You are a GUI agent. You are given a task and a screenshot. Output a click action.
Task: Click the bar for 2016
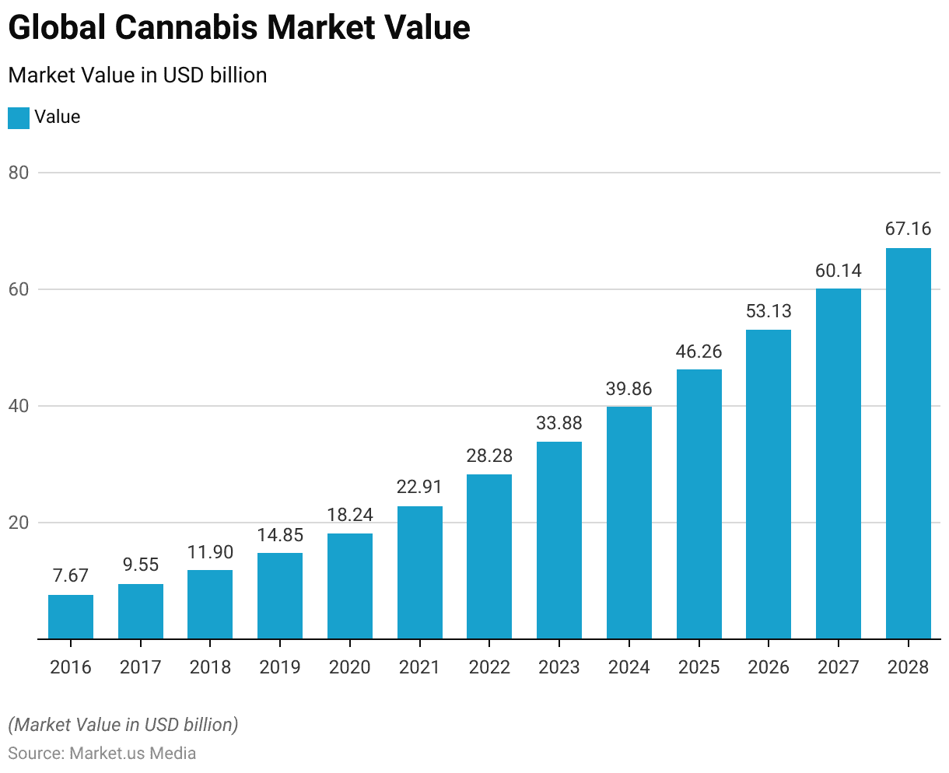(x=71, y=617)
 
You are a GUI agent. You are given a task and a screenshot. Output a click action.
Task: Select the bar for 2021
(x=420, y=572)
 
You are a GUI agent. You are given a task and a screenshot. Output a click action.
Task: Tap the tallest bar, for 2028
(x=909, y=443)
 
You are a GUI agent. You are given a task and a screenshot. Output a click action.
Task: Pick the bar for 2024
(x=629, y=523)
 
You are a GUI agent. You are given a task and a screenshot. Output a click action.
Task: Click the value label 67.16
(x=909, y=229)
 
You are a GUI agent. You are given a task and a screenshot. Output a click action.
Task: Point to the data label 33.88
(x=559, y=424)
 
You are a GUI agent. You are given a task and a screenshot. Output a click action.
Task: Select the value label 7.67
(x=71, y=576)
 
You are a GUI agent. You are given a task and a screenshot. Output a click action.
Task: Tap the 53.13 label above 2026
(x=769, y=312)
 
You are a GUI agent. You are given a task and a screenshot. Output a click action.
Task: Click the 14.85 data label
(x=280, y=535)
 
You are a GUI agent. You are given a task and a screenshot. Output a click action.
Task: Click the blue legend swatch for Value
(x=19, y=118)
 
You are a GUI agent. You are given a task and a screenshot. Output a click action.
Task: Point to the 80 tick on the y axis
(x=19, y=173)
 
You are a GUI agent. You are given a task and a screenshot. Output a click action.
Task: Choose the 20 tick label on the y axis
(x=19, y=523)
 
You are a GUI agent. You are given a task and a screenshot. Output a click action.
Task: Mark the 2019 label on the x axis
(x=280, y=667)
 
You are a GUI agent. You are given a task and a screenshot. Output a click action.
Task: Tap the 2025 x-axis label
(x=699, y=667)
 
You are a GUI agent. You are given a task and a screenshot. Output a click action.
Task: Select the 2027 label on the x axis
(x=839, y=667)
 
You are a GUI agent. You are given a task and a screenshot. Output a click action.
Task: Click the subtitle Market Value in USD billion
(x=138, y=75)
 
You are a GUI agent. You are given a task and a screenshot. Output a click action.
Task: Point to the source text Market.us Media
(x=133, y=754)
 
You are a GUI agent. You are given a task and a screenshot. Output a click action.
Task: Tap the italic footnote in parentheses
(x=123, y=725)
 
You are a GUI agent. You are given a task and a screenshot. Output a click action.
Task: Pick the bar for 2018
(x=210, y=604)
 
